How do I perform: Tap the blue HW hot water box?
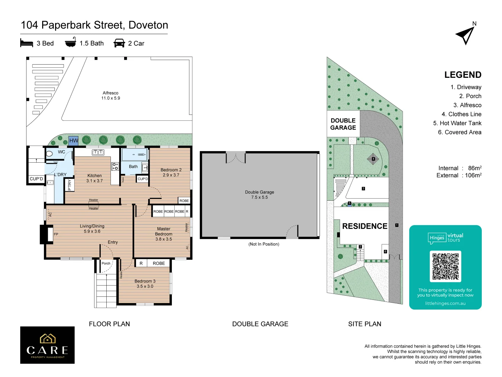point(74,140)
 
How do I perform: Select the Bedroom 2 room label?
point(171,172)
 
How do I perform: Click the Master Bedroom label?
point(163,234)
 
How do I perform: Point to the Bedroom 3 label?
point(145,283)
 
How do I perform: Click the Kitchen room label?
point(94,178)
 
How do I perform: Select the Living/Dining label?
point(92,229)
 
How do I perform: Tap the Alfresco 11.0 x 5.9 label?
point(111,96)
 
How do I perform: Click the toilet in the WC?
point(50,153)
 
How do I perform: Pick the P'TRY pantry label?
point(69,185)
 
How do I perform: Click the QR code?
point(445,266)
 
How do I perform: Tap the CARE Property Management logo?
point(47,345)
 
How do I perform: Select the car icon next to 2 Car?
point(119,43)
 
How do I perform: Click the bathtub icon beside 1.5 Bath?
point(70,43)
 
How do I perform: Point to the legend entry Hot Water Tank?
point(457,123)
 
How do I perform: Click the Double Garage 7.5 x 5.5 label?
point(259,195)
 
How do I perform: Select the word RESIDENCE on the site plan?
point(365,226)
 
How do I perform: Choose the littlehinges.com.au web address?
point(445,303)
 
